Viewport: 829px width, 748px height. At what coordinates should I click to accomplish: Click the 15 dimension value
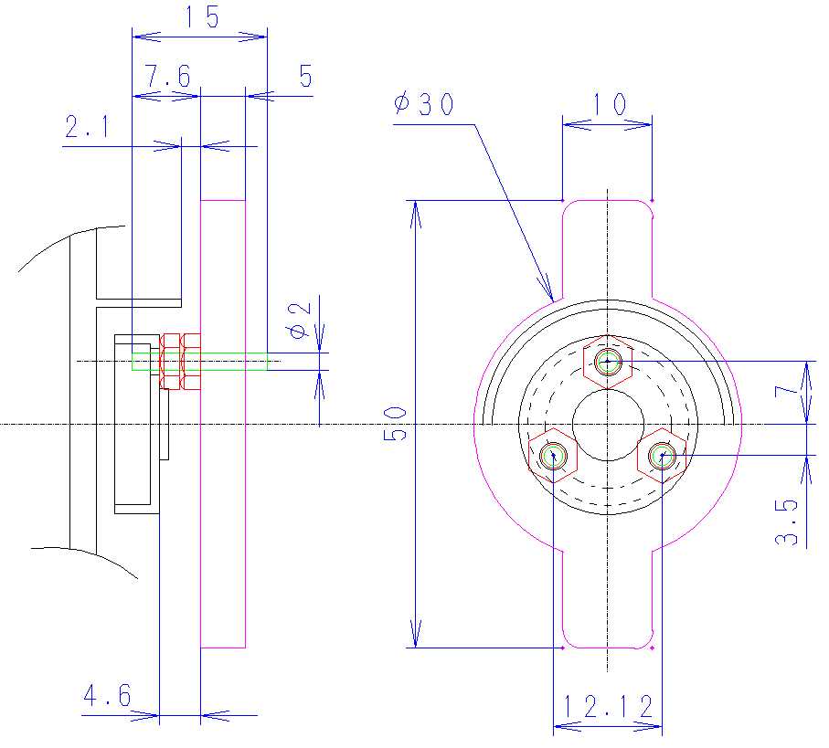point(202,16)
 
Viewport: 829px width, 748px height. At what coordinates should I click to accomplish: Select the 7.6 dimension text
point(168,76)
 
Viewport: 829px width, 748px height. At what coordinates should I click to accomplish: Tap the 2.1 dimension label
point(87,127)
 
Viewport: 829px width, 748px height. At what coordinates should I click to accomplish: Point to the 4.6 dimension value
point(107,695)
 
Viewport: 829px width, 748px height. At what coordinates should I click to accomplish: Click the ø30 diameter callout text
point(424,103)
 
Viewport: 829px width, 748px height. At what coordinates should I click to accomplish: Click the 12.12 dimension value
point(608,707)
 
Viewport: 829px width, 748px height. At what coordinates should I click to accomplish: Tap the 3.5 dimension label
point(786,521)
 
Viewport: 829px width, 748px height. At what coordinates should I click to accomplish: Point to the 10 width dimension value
point(608,104)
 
